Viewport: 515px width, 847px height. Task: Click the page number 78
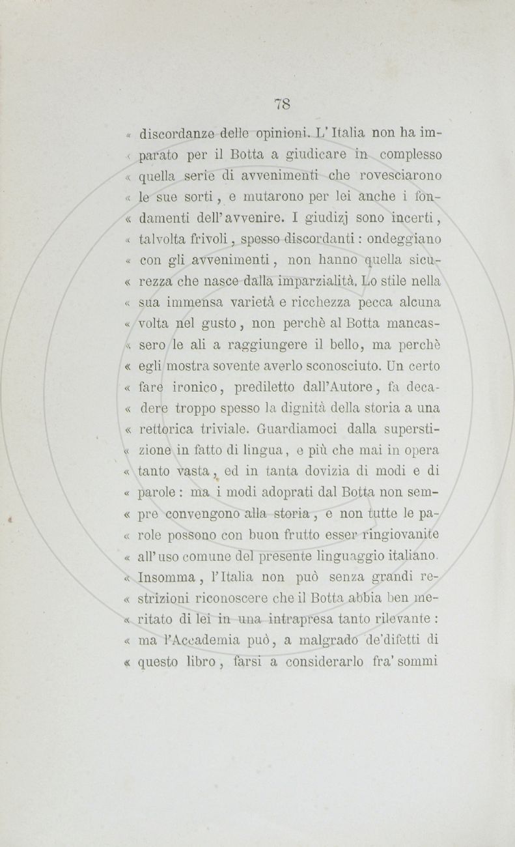coord(282,104)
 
